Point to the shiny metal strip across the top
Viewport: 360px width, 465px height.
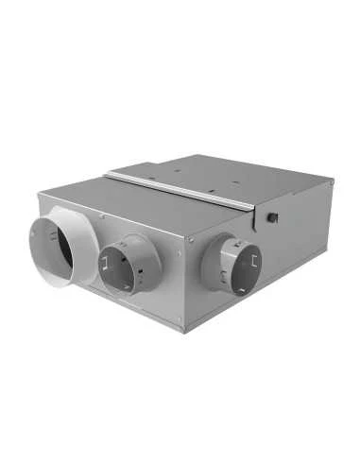[180, 190]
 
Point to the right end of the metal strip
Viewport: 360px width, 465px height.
[252, 206]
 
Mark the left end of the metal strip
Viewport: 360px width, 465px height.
[108, 175]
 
